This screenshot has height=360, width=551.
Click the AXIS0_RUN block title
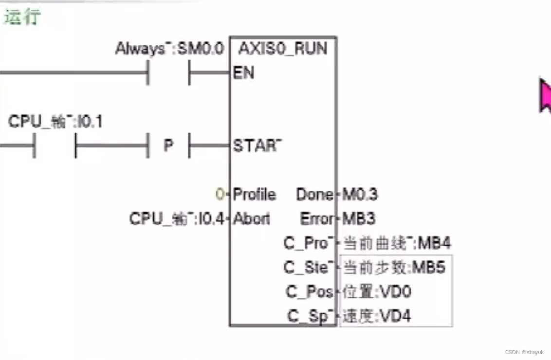pyautogui.click(x=283, y=48)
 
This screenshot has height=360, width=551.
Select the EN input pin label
pyautogui.click(x=243, y=73)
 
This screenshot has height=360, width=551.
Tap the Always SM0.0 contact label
pyautogui.click(x=169, y=49)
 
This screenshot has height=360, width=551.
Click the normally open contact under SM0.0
pyautogui.click(x=168, y=73)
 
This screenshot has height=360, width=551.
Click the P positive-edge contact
pyautogui.click(x=168, y=145)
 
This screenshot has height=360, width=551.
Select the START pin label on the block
pyautogui.click(x=257, y=145)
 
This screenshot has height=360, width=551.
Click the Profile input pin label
pyautogui.click(x=254, y=195)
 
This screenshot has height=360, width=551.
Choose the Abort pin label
pyautogui.click(x=252, y=219)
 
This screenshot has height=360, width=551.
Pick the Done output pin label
pyautogui.click(x=314, y=195)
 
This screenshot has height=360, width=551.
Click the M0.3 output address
pyautogui.click(x=360, y=195)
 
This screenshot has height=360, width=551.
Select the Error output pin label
pyautogui.click(x=316, y=219)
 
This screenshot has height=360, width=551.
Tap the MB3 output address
pyautogui.click(x=359, y=219)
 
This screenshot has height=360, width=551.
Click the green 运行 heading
pyautogui.click(x=22, y=17)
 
